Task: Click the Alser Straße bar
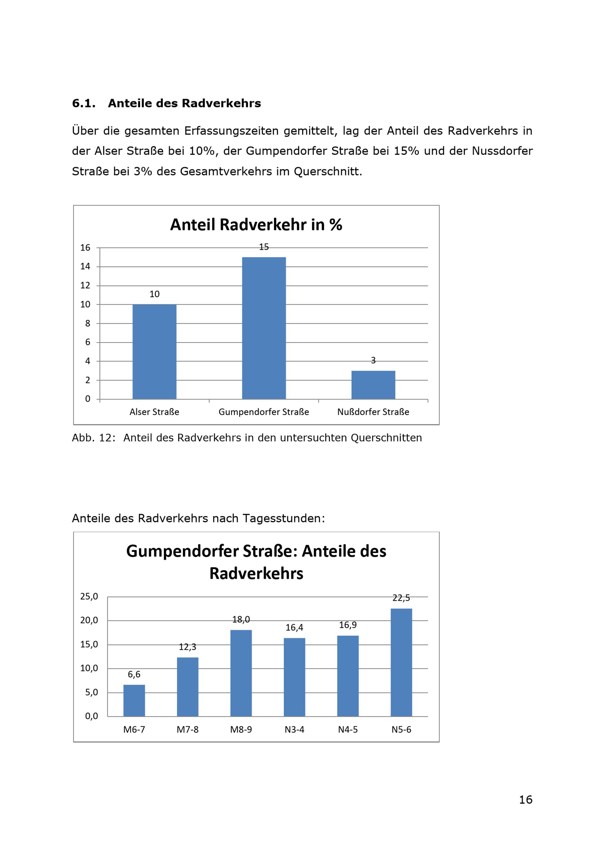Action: point(154,352)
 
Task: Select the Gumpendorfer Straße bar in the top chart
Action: point(264,328)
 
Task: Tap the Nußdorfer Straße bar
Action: point(373,385)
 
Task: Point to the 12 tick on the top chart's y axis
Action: point(85,285)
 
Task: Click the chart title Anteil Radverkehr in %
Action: point(256,225)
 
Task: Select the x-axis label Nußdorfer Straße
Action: point(373,412)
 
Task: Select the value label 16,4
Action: point(294,628)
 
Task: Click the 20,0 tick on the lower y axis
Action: point(89,621)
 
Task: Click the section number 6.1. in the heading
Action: point(84,103)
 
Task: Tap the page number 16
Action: point(526,800)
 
